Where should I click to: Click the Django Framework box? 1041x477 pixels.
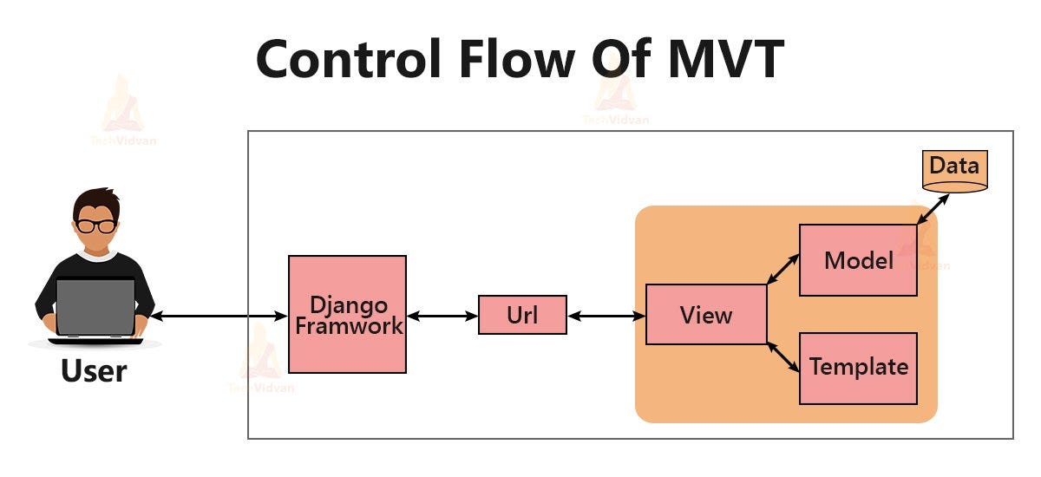347,314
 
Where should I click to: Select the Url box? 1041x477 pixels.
522,315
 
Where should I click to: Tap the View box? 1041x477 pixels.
706,314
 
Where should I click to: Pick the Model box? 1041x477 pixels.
858,260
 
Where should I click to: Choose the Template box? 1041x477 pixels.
858,368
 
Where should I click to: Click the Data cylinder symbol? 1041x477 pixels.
954,172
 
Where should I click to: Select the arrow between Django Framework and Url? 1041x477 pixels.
442,317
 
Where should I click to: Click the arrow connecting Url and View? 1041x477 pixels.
606,317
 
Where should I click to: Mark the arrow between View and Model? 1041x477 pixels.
783,269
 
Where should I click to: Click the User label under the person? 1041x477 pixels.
94,371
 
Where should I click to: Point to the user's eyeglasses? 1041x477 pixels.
95,225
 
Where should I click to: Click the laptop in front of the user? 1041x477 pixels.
95,308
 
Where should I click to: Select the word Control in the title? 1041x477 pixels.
364,59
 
